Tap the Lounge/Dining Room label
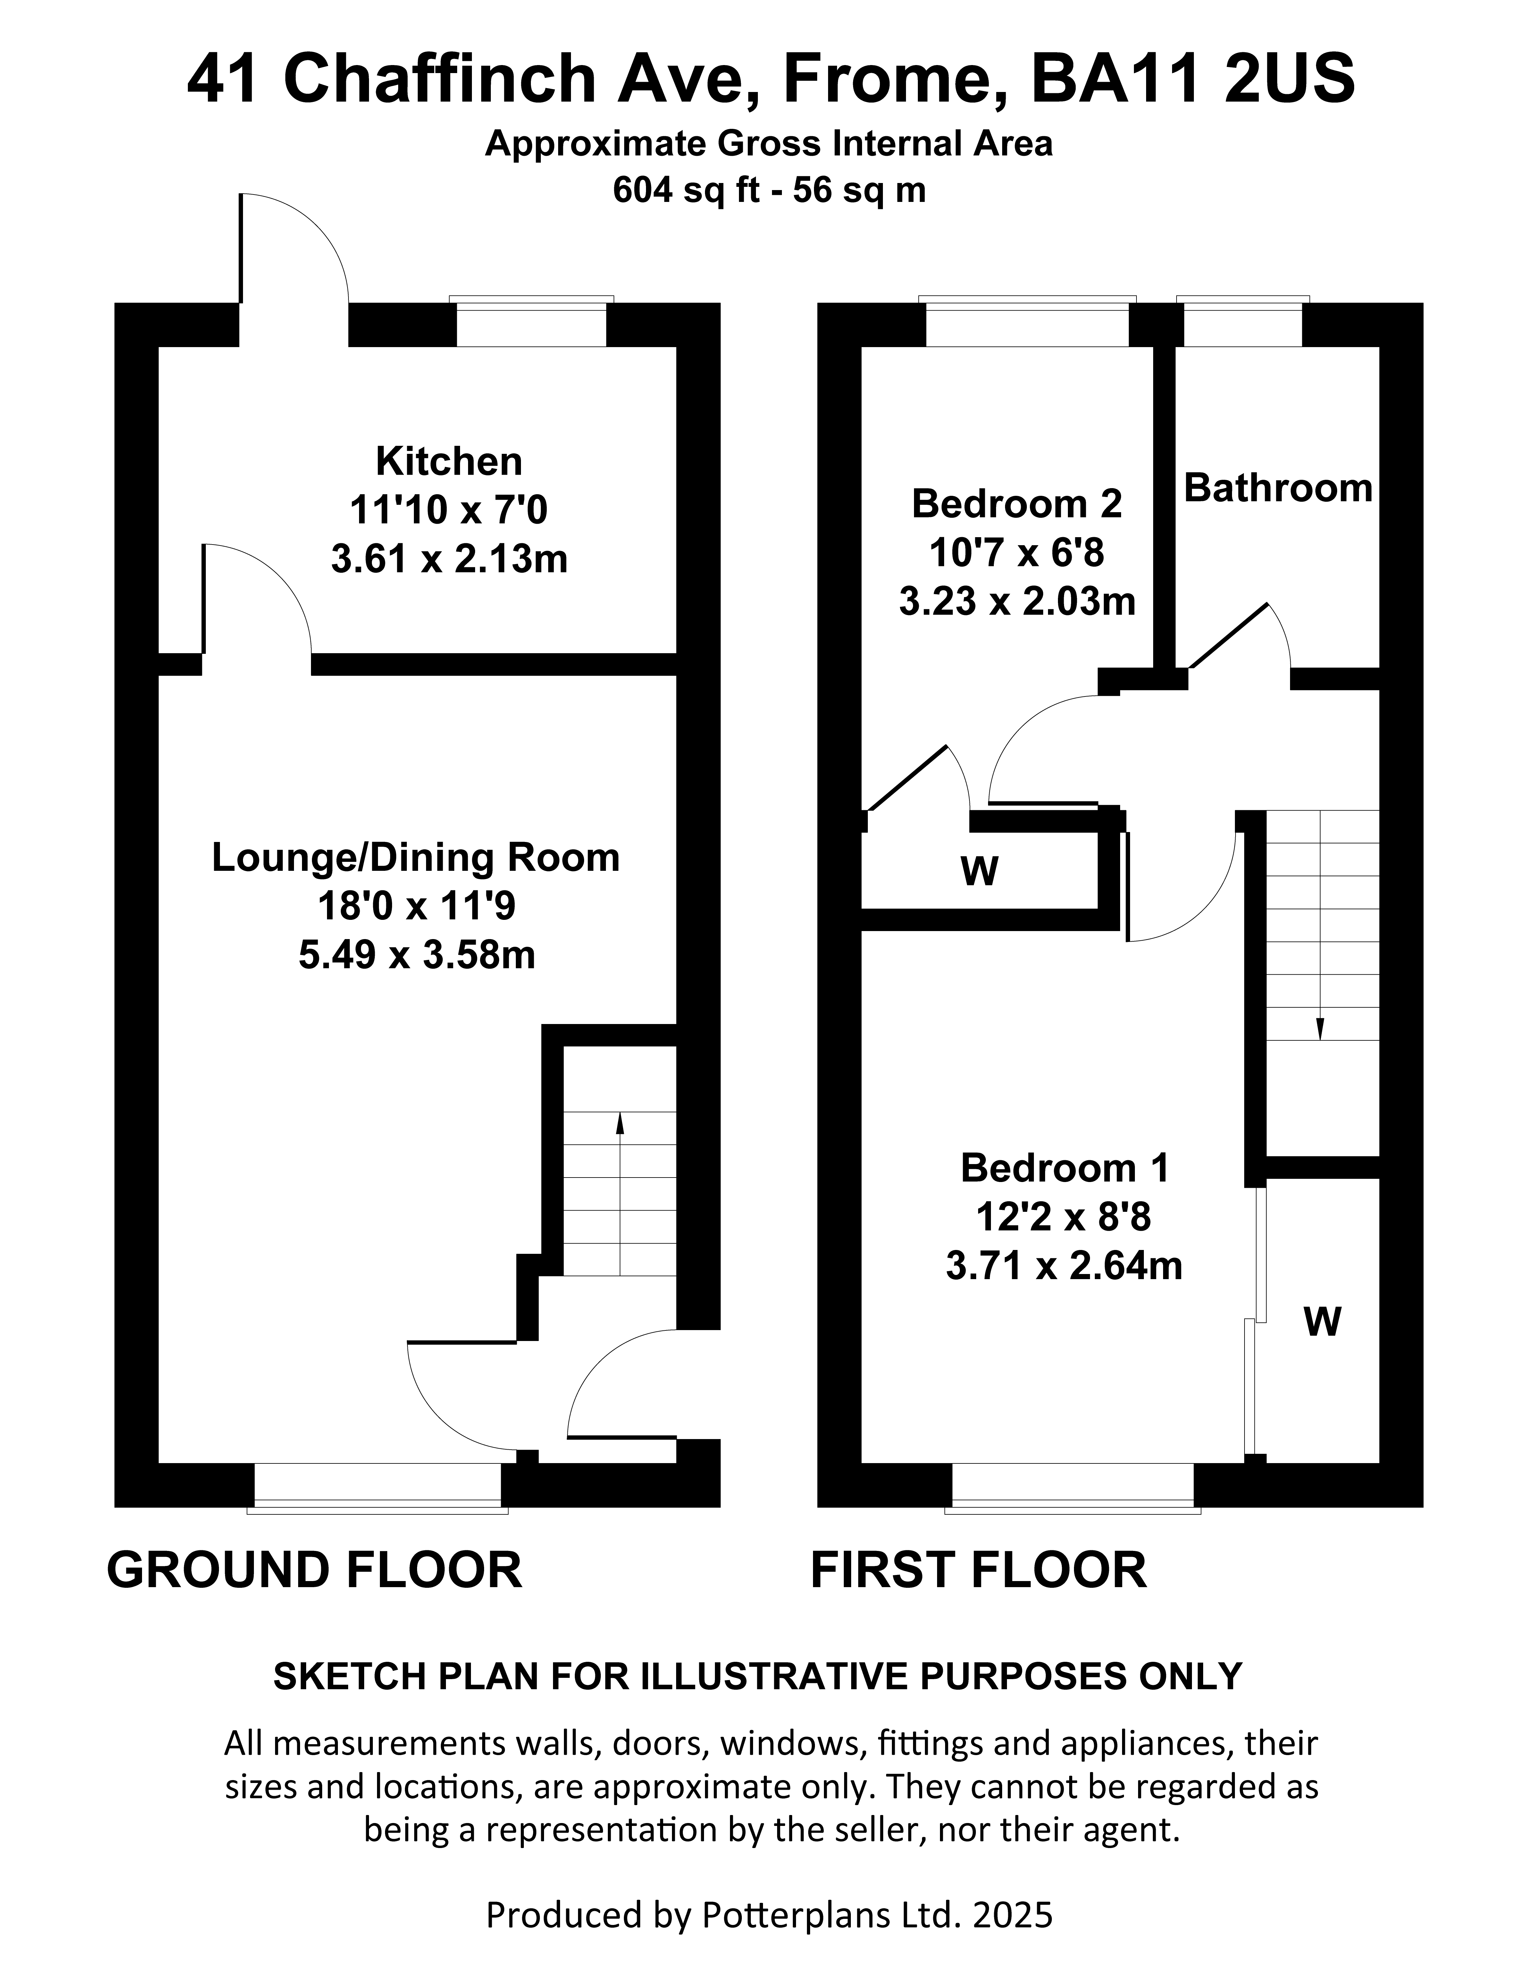tap(416, 858)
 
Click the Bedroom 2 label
tap(1017, 504)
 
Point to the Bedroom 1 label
tap(1065, 1168)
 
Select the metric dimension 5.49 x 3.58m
tap(417, 955)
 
